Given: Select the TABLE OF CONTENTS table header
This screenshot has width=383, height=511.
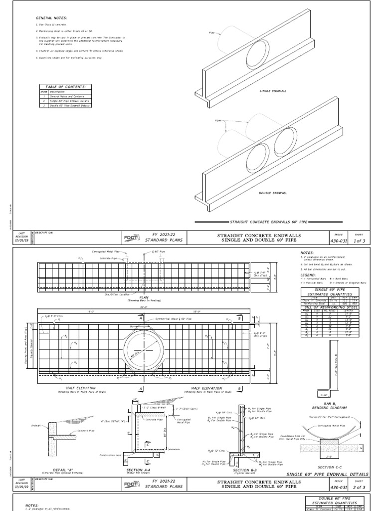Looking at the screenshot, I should (58, 86).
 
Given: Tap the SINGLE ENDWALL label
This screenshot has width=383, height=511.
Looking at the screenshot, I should (270, 91).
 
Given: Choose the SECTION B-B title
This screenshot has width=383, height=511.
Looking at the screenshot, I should (244, 470).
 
